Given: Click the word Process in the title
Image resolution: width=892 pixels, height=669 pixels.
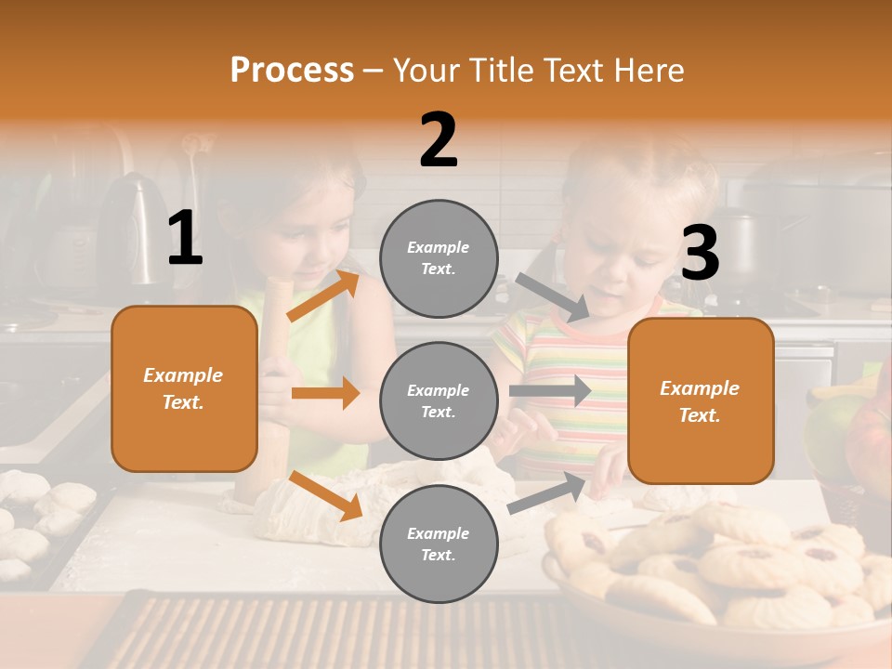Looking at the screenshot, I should (x=292, y=71).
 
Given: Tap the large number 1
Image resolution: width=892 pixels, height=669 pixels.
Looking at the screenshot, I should (x=185, y=238).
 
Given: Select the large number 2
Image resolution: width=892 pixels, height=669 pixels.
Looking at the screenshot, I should (x=439, y=140).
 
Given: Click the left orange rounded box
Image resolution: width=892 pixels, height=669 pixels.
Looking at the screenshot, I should (x=184, y=388).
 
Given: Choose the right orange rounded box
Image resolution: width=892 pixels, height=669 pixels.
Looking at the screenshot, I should (x=700, y=401).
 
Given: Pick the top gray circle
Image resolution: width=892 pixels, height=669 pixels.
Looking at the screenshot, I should (x=439, y=258).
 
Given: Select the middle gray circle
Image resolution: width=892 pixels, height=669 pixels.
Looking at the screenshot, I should (x=439, y=400).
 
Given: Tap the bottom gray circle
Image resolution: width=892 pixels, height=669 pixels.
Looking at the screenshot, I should (x=439, y=544).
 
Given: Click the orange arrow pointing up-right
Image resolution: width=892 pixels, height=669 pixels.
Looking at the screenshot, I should (x=323, y=295).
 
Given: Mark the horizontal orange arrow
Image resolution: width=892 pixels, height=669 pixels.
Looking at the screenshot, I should (x=325, y=393).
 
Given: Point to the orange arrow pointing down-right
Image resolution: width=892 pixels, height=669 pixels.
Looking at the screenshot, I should (x=325, y=495).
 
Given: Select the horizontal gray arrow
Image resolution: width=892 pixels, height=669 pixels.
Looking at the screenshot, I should (x=550, y=391).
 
